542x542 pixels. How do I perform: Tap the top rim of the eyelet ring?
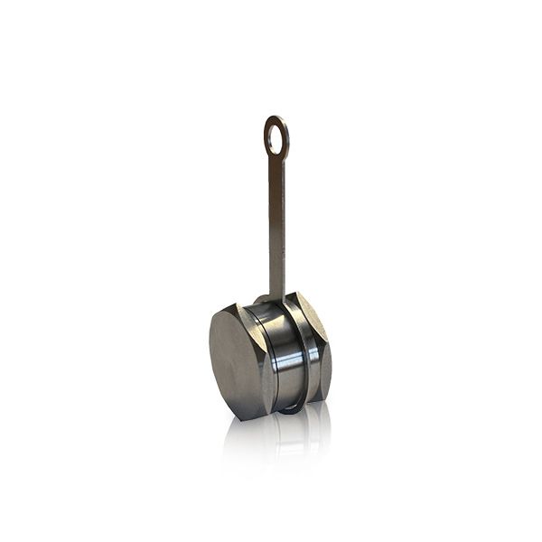[x=276, y=117]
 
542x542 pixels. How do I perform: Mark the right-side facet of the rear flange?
[x=325, y=361]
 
